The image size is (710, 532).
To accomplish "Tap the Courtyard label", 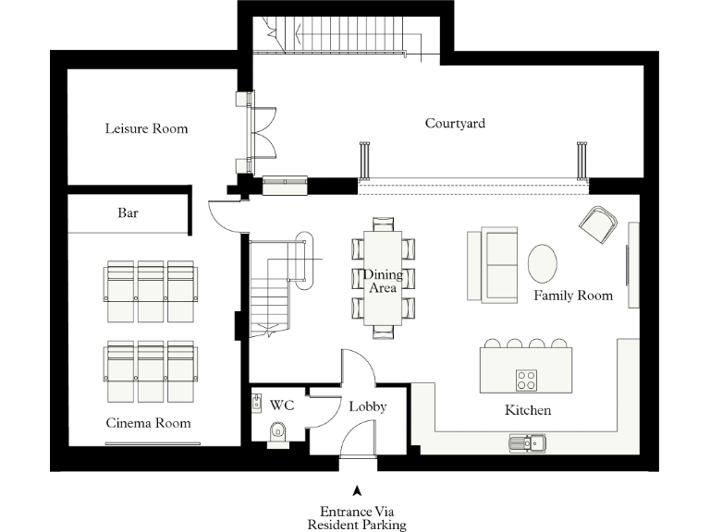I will tap(455, 123).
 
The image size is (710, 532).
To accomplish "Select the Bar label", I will tap(128, 212).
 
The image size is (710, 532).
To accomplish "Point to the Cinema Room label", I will tap(148, 423).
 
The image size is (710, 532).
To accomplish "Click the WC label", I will tap(281, 405).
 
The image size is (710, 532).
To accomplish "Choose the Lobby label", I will tap(367, 406).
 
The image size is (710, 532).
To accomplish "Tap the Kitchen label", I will tap(528, 409).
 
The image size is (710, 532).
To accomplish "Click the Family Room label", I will tap(573, 296).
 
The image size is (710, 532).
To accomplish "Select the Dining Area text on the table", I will tap(383, 281).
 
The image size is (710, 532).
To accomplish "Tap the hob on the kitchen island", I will tap(526, 379).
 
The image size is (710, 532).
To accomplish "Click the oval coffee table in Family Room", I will tap(543, 262).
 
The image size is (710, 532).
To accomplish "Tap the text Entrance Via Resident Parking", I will tap(357, 517).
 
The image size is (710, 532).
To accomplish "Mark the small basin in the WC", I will tap(257, 403).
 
